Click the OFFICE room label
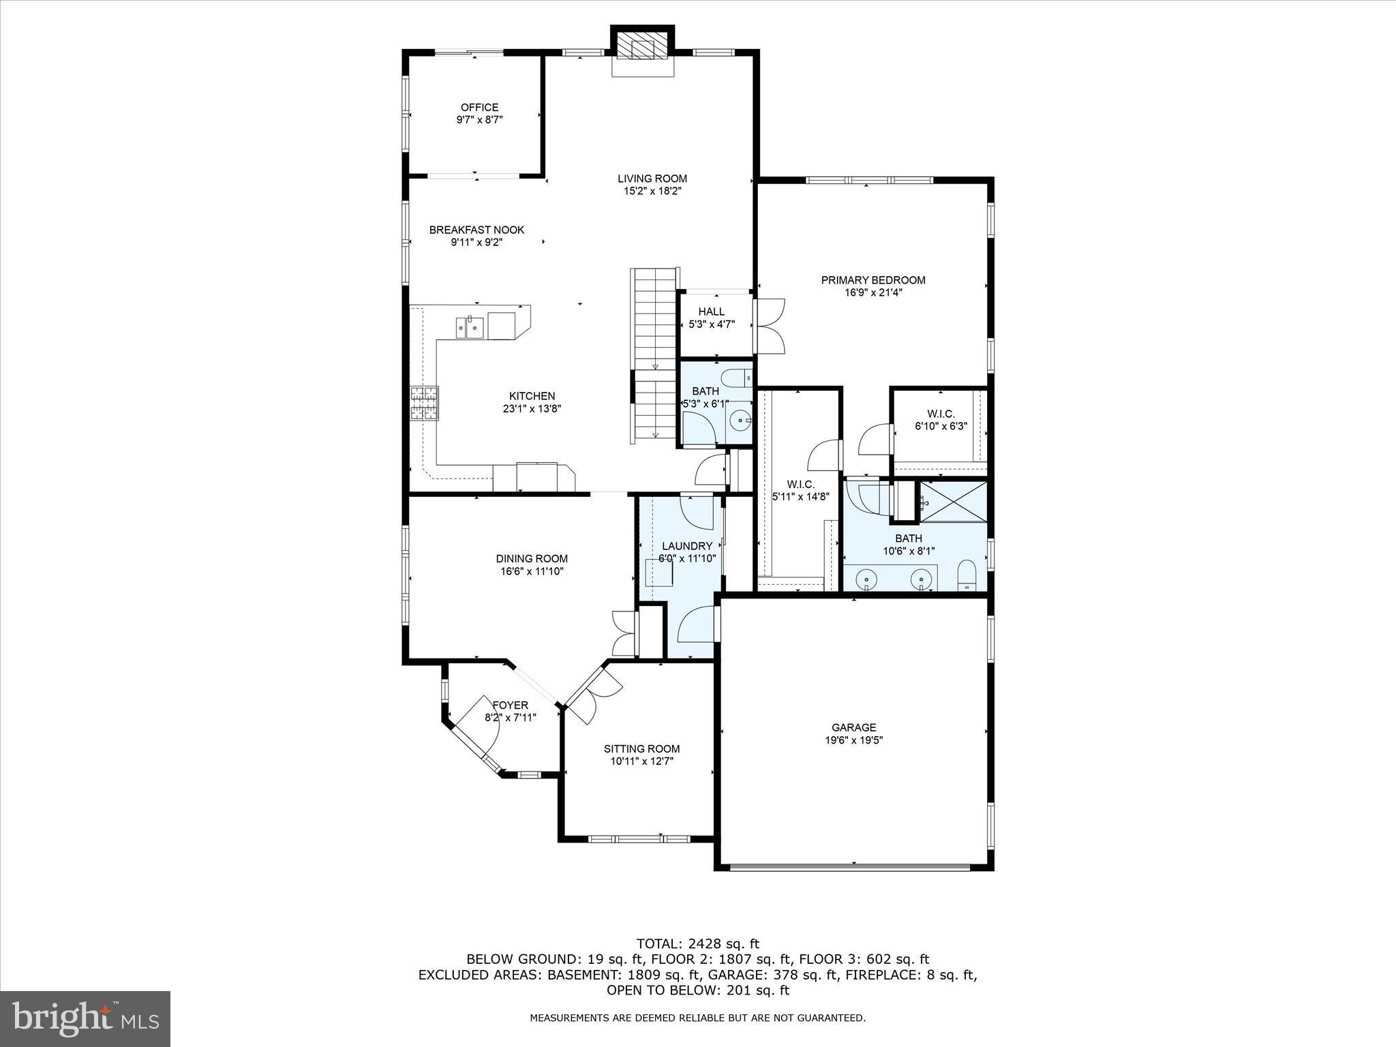tap(479, 107)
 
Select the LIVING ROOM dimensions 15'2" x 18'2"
tap(652, 192)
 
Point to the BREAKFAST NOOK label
tap(476, 230)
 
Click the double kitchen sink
tap(470, 327)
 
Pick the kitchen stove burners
tap(424, 403)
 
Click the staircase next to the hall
tap(654, 354)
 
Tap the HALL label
tap(711, 312)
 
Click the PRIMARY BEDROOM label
tap(872, 279)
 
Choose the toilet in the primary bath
tap(967, 576)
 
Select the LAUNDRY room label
tap(687, 546)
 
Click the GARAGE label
tap(853, 727)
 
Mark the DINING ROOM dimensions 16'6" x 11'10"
tap(532, 571)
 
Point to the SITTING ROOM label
tap(641, 748)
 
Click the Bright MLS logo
tap(85, 1018)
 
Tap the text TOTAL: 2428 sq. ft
tap(697, 944)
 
